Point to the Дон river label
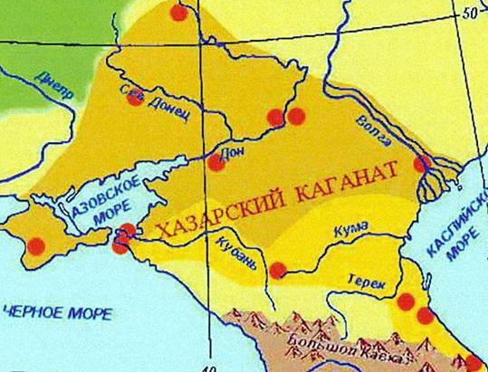[x=234, y=151]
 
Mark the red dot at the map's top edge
[x=179, y=12]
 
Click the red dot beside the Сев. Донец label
[x=135, y=98]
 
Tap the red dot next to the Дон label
[x=216, y=163]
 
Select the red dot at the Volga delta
[x=421, y=164]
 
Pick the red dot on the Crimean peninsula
[x=36, y=244]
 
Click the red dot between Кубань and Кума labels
[x=279, y=269]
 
